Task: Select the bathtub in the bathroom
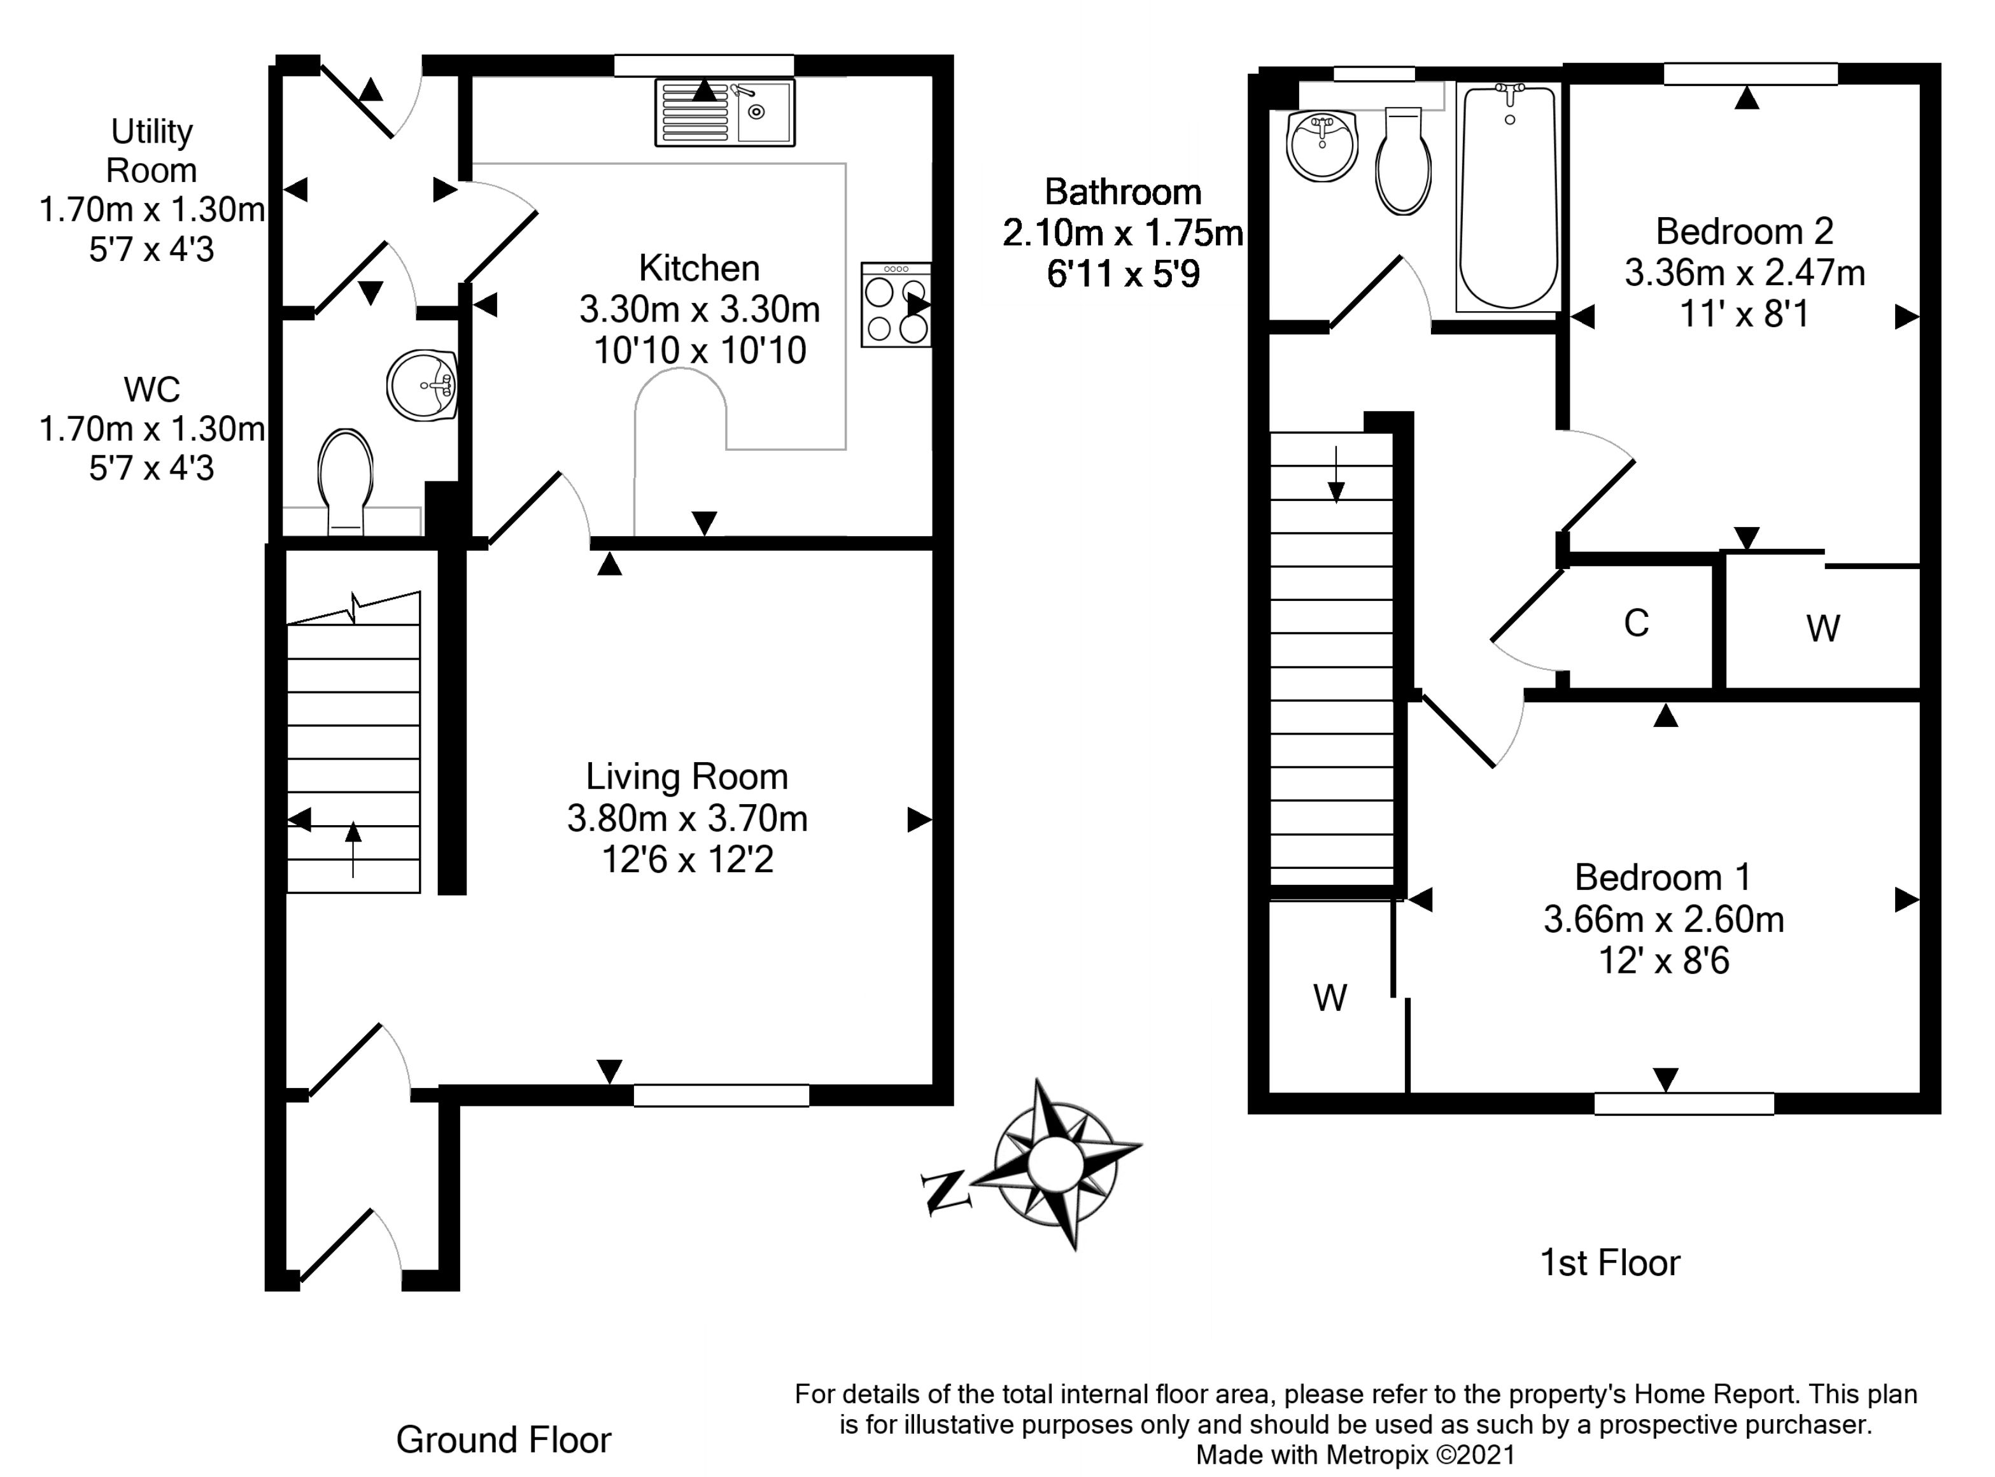(1509, 197)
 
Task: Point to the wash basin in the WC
(423, 385)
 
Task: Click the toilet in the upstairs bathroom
(1403, 162)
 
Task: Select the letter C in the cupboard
(1636, 624)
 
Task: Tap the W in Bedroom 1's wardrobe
(1330, 998)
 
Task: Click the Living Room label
(686, 777)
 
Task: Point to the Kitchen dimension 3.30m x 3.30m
(699, 309)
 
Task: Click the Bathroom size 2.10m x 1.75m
(1123, 234)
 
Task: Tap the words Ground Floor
(504, 1440)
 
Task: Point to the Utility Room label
(151, 150)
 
